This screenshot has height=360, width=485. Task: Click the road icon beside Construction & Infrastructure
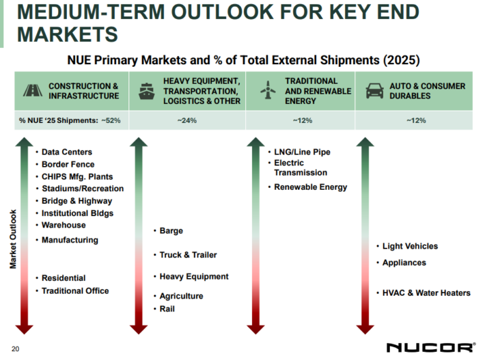coord(31,91)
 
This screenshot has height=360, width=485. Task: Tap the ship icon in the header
coord(146,91)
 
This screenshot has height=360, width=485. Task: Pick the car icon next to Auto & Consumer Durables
coord(374,91)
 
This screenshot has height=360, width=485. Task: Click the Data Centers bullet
coord(66,152)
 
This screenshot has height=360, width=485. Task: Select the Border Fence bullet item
coord(68,164)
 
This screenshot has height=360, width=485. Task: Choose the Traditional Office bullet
coord(75,290)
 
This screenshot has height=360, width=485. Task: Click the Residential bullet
coord(64,278)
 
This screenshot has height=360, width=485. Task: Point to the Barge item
coord(171,231)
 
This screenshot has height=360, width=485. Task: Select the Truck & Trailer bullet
coord(188,255)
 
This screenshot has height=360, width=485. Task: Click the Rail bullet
coord(167,309)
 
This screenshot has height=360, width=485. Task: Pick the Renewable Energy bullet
coord(310,186)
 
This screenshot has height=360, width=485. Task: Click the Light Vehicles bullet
coord(411,246)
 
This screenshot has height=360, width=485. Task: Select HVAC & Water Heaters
coord(426,293)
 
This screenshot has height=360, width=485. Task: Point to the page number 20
coord(15,348)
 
